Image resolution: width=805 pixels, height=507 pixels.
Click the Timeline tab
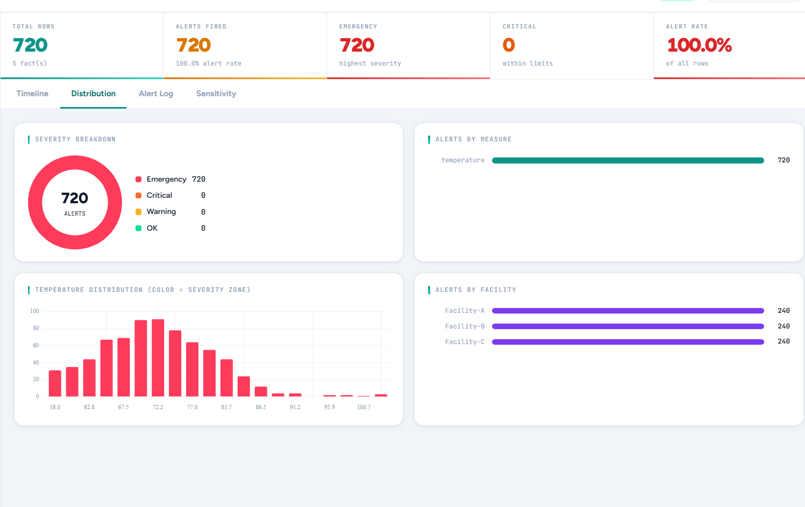point(32,94)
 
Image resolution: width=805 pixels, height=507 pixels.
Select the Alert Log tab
point(156,94)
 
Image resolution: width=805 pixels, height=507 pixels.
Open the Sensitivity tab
point(216,94)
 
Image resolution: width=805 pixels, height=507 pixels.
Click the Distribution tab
point(94,94)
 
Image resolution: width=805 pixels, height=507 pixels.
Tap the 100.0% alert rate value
point(699,45)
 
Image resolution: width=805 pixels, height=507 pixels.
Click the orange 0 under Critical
point(509,45)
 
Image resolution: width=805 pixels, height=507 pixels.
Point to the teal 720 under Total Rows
point(30,45)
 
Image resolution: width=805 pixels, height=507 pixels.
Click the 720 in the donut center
point(75,198)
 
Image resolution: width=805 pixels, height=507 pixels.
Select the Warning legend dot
point(138,212)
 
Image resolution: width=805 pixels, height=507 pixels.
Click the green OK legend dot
point(138,228)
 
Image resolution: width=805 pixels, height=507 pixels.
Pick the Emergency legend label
point(166,179)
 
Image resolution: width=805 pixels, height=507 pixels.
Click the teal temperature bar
point(628,160)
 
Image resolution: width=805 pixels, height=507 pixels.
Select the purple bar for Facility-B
point(628,326)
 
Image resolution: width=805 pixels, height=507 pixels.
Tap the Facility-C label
point(465,342)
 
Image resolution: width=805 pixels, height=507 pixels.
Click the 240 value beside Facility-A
point(783,311)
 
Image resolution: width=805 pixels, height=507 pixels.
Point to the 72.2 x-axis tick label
point(158,407)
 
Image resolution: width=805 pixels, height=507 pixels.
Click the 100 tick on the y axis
point(34,311)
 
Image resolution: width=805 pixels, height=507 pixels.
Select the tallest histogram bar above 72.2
point(158,358)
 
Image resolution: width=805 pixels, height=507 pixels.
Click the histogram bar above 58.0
point(55,383)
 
